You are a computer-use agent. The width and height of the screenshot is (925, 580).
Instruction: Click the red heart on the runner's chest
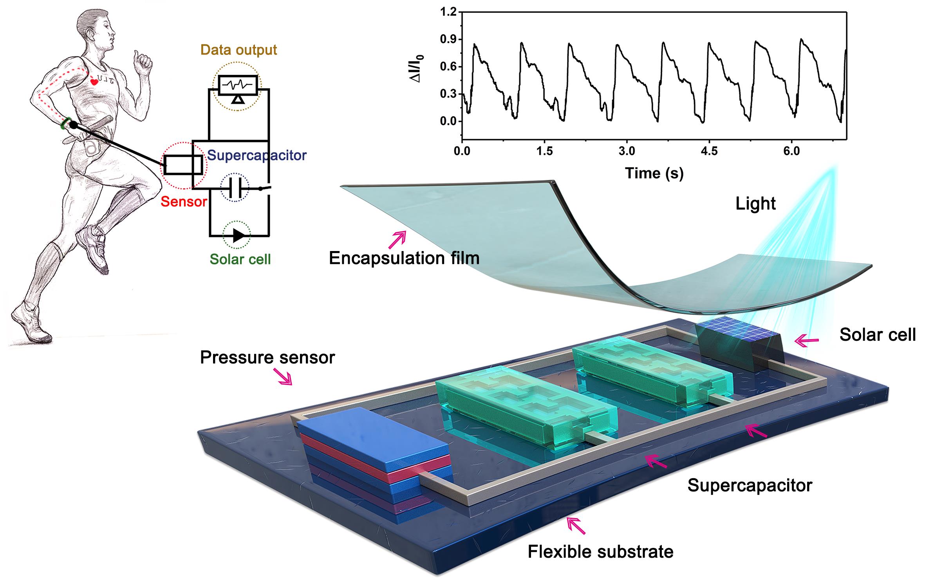point(94,82)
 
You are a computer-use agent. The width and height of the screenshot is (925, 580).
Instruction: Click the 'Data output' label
point(239,50)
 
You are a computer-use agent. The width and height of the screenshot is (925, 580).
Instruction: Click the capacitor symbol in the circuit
point(234,188)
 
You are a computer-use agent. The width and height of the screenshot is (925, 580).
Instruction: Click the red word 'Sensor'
point(184,202)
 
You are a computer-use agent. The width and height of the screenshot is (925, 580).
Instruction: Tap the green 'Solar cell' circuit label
point(240,259)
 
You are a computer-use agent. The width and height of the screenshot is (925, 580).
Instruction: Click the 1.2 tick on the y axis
point(448,12)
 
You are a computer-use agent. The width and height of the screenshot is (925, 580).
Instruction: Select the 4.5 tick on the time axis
point(710,151)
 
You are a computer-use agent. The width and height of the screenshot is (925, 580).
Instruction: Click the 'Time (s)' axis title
point(654,173)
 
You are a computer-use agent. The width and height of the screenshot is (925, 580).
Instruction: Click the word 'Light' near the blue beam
point(755,204)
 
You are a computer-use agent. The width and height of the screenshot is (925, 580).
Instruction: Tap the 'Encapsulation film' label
point(404,258)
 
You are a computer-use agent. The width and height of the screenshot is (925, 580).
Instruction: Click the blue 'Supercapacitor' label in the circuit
point(257,155)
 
